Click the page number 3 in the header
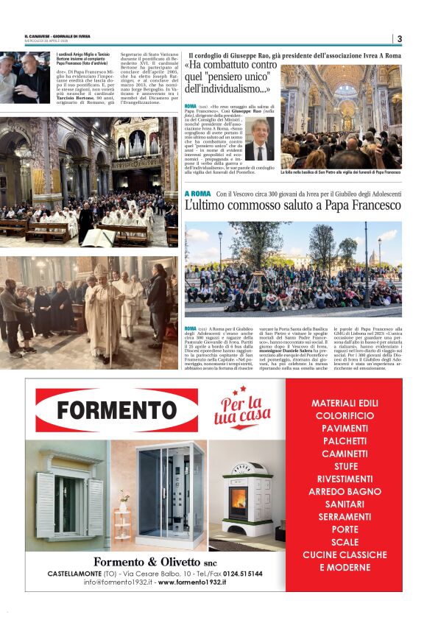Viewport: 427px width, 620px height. tap(399, 38)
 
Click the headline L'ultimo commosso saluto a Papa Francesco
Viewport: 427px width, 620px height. tap(293, 207)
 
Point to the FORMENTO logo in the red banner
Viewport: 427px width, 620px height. tap(106, 410)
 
